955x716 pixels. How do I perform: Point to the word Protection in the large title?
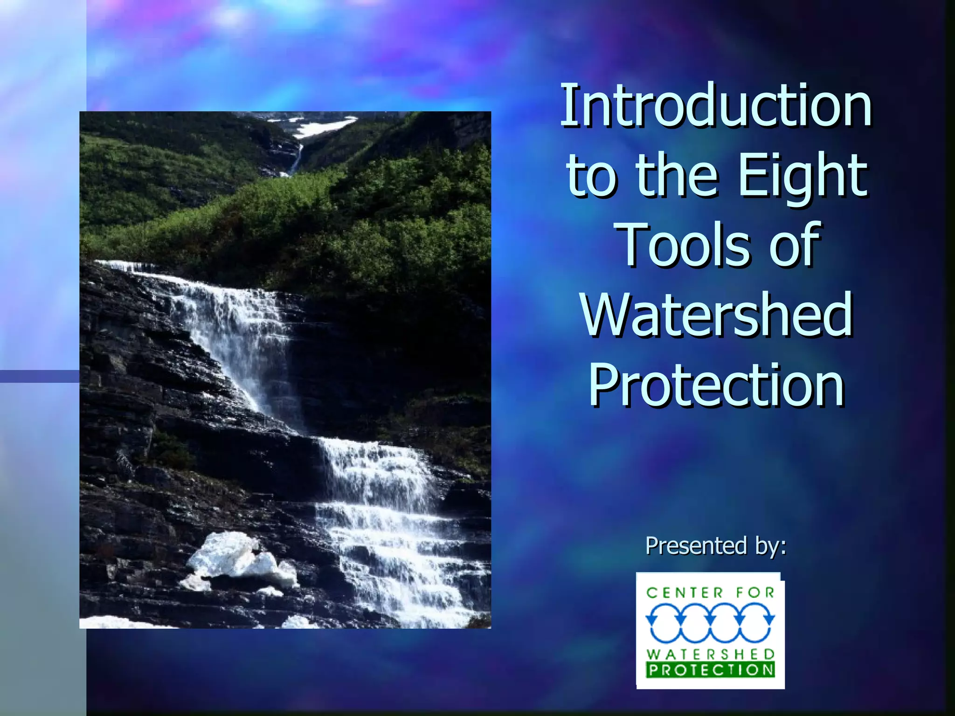click(717, 385)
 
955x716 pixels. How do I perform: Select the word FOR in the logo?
click(755, 593)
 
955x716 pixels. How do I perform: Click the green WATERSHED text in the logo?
click(710, 654)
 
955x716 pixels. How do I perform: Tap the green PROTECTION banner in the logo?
click(710, 670)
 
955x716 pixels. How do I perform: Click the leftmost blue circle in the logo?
click(664, 623)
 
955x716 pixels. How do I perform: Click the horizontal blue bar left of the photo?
click(40, 376)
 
